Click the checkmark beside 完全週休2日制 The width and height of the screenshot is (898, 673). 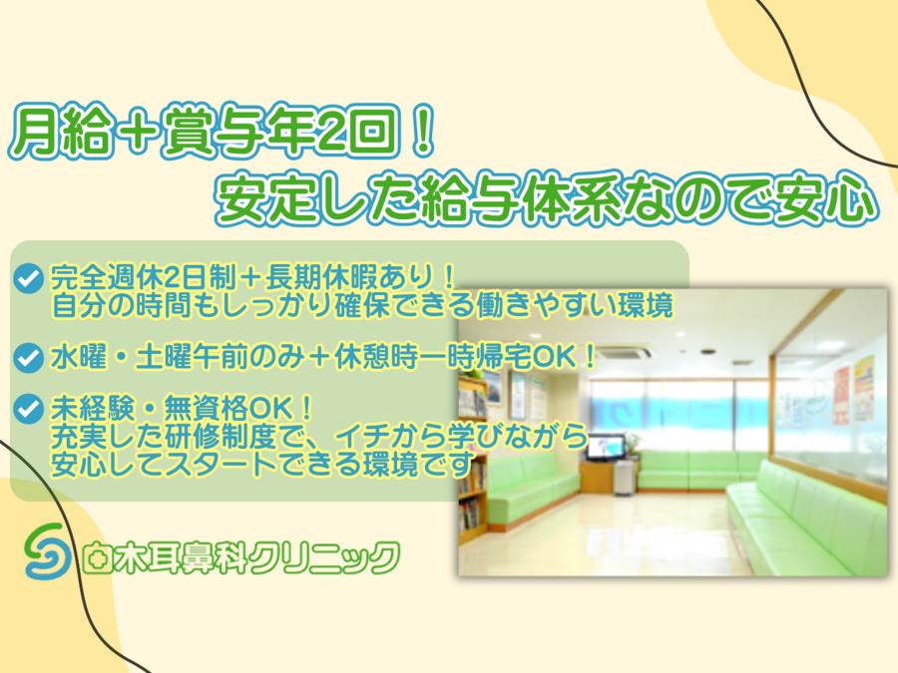tap(28, 279)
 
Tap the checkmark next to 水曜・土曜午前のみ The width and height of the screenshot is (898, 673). tap(28, 358)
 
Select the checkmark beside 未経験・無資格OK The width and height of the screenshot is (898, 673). tap(28, 409)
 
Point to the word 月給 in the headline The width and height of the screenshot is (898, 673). tap(60, 133)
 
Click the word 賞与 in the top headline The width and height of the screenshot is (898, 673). tap(210, 133)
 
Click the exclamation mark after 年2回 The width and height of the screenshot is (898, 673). tap(424, 133)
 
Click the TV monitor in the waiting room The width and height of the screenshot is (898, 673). tap(605, 446)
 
